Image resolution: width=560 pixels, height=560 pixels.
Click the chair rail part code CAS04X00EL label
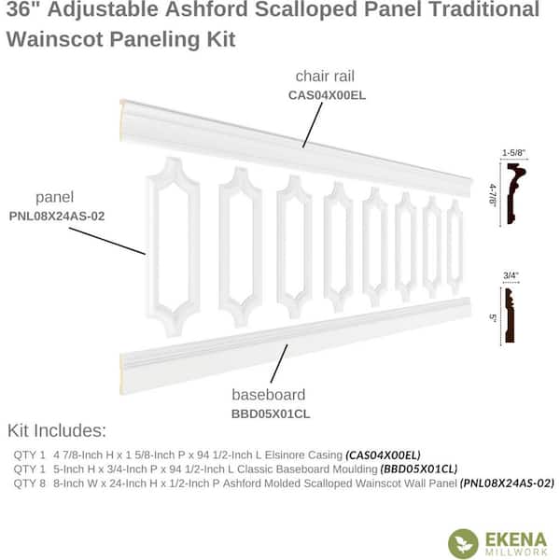[327, 95]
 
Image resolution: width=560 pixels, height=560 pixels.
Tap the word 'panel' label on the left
[55, 198]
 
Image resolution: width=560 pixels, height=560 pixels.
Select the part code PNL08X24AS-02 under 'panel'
[57, 217]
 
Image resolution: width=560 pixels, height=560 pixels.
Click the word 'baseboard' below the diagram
[269, 395]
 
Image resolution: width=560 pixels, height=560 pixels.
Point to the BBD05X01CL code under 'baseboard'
[271, 413]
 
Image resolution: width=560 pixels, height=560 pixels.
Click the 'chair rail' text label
[325, 77]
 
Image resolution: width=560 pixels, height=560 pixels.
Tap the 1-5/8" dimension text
[514, 153]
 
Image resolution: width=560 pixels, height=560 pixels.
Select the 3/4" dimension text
[511, 275]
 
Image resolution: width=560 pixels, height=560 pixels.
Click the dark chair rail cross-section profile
[515, 193]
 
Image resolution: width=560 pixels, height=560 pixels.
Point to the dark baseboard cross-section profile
[510, 315]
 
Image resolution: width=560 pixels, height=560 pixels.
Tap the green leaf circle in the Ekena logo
[463, 543]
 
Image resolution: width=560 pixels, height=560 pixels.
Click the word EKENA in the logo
[516, 539]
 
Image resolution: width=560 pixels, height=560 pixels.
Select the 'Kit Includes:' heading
[57, 430]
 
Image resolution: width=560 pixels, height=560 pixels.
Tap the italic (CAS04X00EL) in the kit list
[383, 455]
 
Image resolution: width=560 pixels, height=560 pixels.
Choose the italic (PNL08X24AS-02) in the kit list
[507, 483]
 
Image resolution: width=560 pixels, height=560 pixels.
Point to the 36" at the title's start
[23, 8]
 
